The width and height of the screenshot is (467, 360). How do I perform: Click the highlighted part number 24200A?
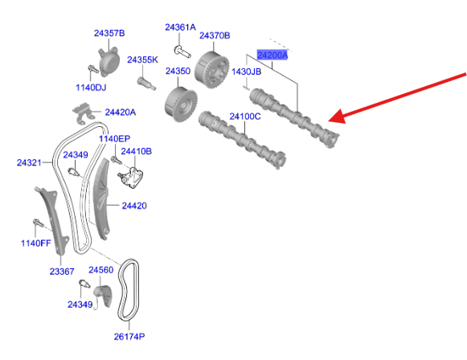coord(272,55)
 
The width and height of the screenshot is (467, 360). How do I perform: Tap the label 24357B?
coord(109,33)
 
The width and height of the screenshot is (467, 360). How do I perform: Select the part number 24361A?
coord(181,27)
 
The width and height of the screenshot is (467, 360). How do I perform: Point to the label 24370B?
coord(215,35)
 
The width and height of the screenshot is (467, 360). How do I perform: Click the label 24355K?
coord(142,59)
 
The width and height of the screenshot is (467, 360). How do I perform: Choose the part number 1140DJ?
coord(91,88)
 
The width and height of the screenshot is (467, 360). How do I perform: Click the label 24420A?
coord(121,112)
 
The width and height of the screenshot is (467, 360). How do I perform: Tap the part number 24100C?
coord(245,117)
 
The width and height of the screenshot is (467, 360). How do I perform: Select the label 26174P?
coord(129,337)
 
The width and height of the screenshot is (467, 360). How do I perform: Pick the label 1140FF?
coord(35,243)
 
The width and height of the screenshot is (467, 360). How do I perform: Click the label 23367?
coord(62,272)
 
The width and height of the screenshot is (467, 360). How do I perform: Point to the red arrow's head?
coord(337,117)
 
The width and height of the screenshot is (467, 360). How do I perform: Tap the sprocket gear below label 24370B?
coord(212,70)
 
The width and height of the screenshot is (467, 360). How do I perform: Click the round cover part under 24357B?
coord(109,62)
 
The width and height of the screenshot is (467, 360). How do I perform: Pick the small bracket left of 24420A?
coord(81,112)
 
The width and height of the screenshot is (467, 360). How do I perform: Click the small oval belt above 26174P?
coord(129,290)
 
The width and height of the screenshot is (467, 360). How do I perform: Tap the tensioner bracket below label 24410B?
coord(131,178)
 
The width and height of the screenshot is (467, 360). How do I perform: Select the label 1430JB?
coord(246,72)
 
